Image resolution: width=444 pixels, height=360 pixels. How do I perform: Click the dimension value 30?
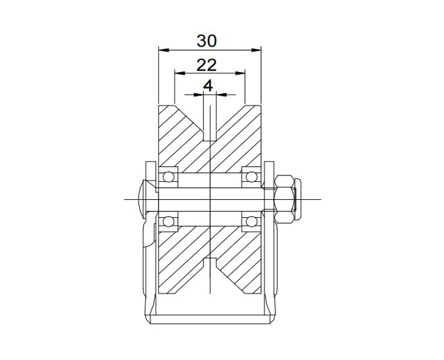(207, 40)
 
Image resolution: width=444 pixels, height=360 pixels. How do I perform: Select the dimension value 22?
(207, 64)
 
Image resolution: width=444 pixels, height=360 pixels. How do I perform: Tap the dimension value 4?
(208, 85)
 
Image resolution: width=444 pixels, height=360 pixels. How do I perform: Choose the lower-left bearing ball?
(169, 222)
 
